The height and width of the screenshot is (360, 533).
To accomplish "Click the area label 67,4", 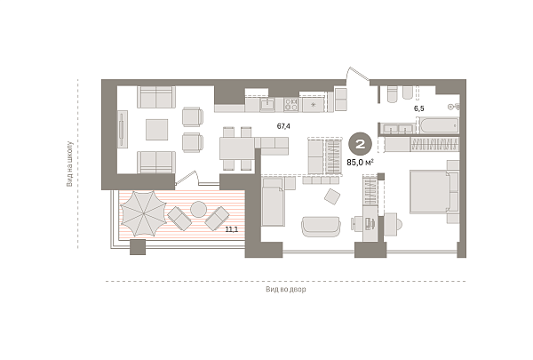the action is click(283, 126).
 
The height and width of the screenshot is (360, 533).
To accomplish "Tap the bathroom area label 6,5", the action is click(418, 108).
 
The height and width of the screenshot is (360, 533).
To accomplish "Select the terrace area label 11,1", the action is click(232, 229).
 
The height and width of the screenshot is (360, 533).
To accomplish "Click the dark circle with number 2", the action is click(360, 144).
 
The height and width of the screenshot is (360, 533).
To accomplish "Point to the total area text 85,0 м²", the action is click(360, 163).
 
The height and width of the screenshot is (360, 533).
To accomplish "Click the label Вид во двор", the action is click(285, 289).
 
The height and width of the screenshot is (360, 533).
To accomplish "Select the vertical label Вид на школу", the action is click(69, 164).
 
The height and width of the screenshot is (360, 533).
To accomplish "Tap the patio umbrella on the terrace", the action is click(143, 213).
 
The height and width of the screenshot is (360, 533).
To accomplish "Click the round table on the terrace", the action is click(198, 209).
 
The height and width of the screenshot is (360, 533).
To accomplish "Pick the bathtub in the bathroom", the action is click(439, 125).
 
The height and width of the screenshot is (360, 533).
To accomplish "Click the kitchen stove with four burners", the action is click(291, 105).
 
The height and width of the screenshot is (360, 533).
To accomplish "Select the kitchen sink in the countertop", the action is click(267, 104).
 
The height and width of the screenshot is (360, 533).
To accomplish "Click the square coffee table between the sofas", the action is click(156, 129).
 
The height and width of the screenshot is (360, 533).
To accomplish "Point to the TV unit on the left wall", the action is click(123, 129).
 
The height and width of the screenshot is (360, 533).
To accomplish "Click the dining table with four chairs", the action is click(237, 148).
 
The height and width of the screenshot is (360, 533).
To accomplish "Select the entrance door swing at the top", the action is click(357, 75).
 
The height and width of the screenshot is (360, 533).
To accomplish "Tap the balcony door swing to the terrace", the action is click(187, 179).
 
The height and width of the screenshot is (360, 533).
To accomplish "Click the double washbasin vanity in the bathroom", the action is click(397, 129).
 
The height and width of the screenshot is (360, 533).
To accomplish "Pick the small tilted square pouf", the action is click(332, 196).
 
